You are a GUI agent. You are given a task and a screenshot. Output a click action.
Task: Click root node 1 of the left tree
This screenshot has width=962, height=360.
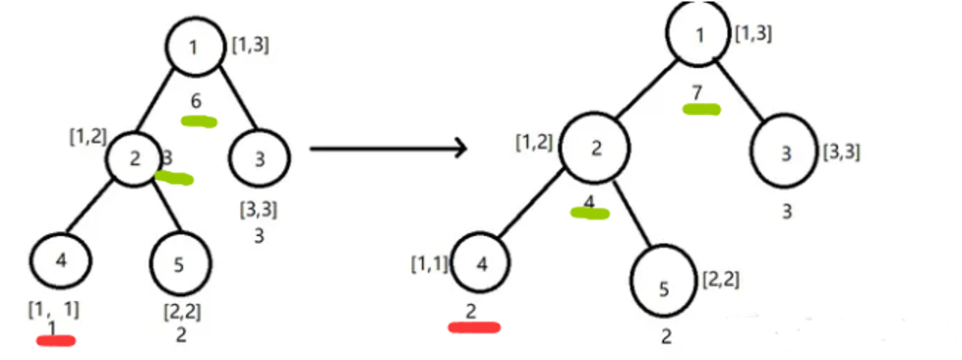(195, 47)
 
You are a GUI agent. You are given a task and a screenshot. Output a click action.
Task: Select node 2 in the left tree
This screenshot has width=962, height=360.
(135, 158)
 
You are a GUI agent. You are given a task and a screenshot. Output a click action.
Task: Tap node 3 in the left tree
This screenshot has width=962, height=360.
(259, 158)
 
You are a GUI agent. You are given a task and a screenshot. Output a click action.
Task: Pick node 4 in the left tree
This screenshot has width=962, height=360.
(60, 261)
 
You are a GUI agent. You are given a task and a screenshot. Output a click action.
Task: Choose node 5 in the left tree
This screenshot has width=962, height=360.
(180, 264)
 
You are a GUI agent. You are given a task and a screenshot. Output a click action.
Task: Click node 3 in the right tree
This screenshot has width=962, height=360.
(787, 152)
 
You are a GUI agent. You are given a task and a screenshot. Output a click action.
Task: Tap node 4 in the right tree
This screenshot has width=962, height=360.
(482, 265)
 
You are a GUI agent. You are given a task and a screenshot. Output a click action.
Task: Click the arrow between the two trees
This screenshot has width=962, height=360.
(389, 148)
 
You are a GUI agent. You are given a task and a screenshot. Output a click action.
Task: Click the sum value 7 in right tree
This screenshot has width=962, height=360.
(696, 93)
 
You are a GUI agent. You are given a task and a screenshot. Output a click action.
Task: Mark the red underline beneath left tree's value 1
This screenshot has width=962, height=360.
(56, 340)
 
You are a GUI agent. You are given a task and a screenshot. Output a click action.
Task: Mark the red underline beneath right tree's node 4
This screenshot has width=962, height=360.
(474, 327)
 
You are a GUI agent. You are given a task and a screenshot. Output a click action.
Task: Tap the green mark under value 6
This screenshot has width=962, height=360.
(199, 121)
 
